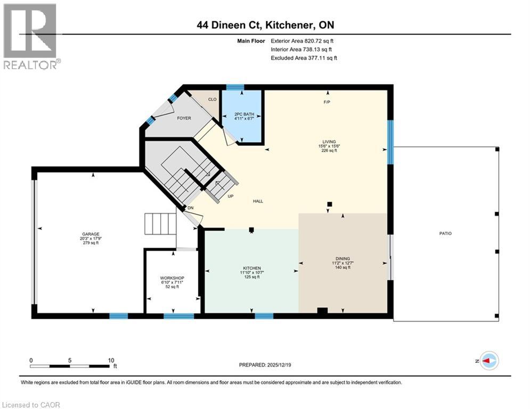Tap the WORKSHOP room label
(x=172, y=279)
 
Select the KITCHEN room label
(x=250, y=268)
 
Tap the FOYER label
(x=183, y=118)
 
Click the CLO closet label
(x=212, y=99)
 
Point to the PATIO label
(x=445, y=233)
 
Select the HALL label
(x=258, y=201)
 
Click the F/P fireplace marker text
(x=327, y=102)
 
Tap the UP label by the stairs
(x=230, y=197)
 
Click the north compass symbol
(x=488, y=361)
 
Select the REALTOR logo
(x=30, y=36)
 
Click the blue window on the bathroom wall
(x=235, y=87)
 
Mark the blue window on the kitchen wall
(x=264, y=316)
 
